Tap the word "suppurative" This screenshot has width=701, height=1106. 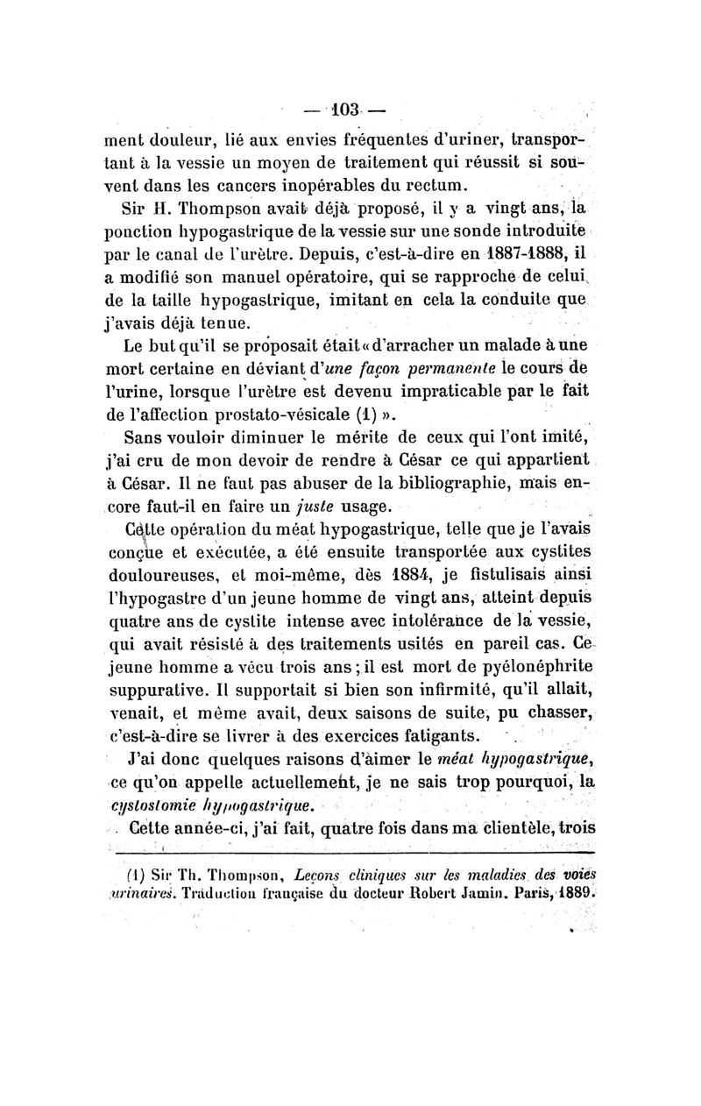(x=153, y=691)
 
